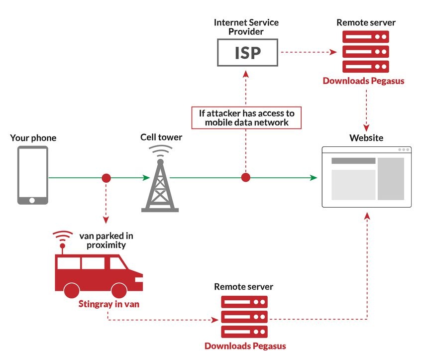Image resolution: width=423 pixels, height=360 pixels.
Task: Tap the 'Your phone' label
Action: tap(33, 138)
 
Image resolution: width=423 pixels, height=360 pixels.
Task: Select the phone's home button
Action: tap(33, 200)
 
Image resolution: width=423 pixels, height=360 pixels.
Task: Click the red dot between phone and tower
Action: tap(106, 178)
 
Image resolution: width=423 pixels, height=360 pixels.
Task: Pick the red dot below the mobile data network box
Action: tap(245, 178)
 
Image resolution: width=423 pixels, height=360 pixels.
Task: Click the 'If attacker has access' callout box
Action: tap(247, 118)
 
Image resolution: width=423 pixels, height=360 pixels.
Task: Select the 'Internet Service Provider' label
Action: tap(246, 27)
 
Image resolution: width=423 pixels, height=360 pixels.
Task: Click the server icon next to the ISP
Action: tap(366, 52)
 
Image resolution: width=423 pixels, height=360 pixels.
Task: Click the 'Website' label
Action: tap(366, 138)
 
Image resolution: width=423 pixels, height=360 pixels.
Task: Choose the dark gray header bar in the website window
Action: tap(353, 161)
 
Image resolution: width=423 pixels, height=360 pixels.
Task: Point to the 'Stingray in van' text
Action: tap(108, 304)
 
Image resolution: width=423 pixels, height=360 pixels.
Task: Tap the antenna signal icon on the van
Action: tap(63, 238)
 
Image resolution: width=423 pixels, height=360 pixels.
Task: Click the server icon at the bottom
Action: tap(244, 317)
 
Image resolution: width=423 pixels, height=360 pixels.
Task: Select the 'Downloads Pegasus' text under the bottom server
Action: tap(245, 346)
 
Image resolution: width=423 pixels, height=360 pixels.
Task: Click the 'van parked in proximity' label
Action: tap(106, 240)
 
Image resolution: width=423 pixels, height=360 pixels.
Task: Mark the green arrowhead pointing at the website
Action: tap(314, 178)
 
